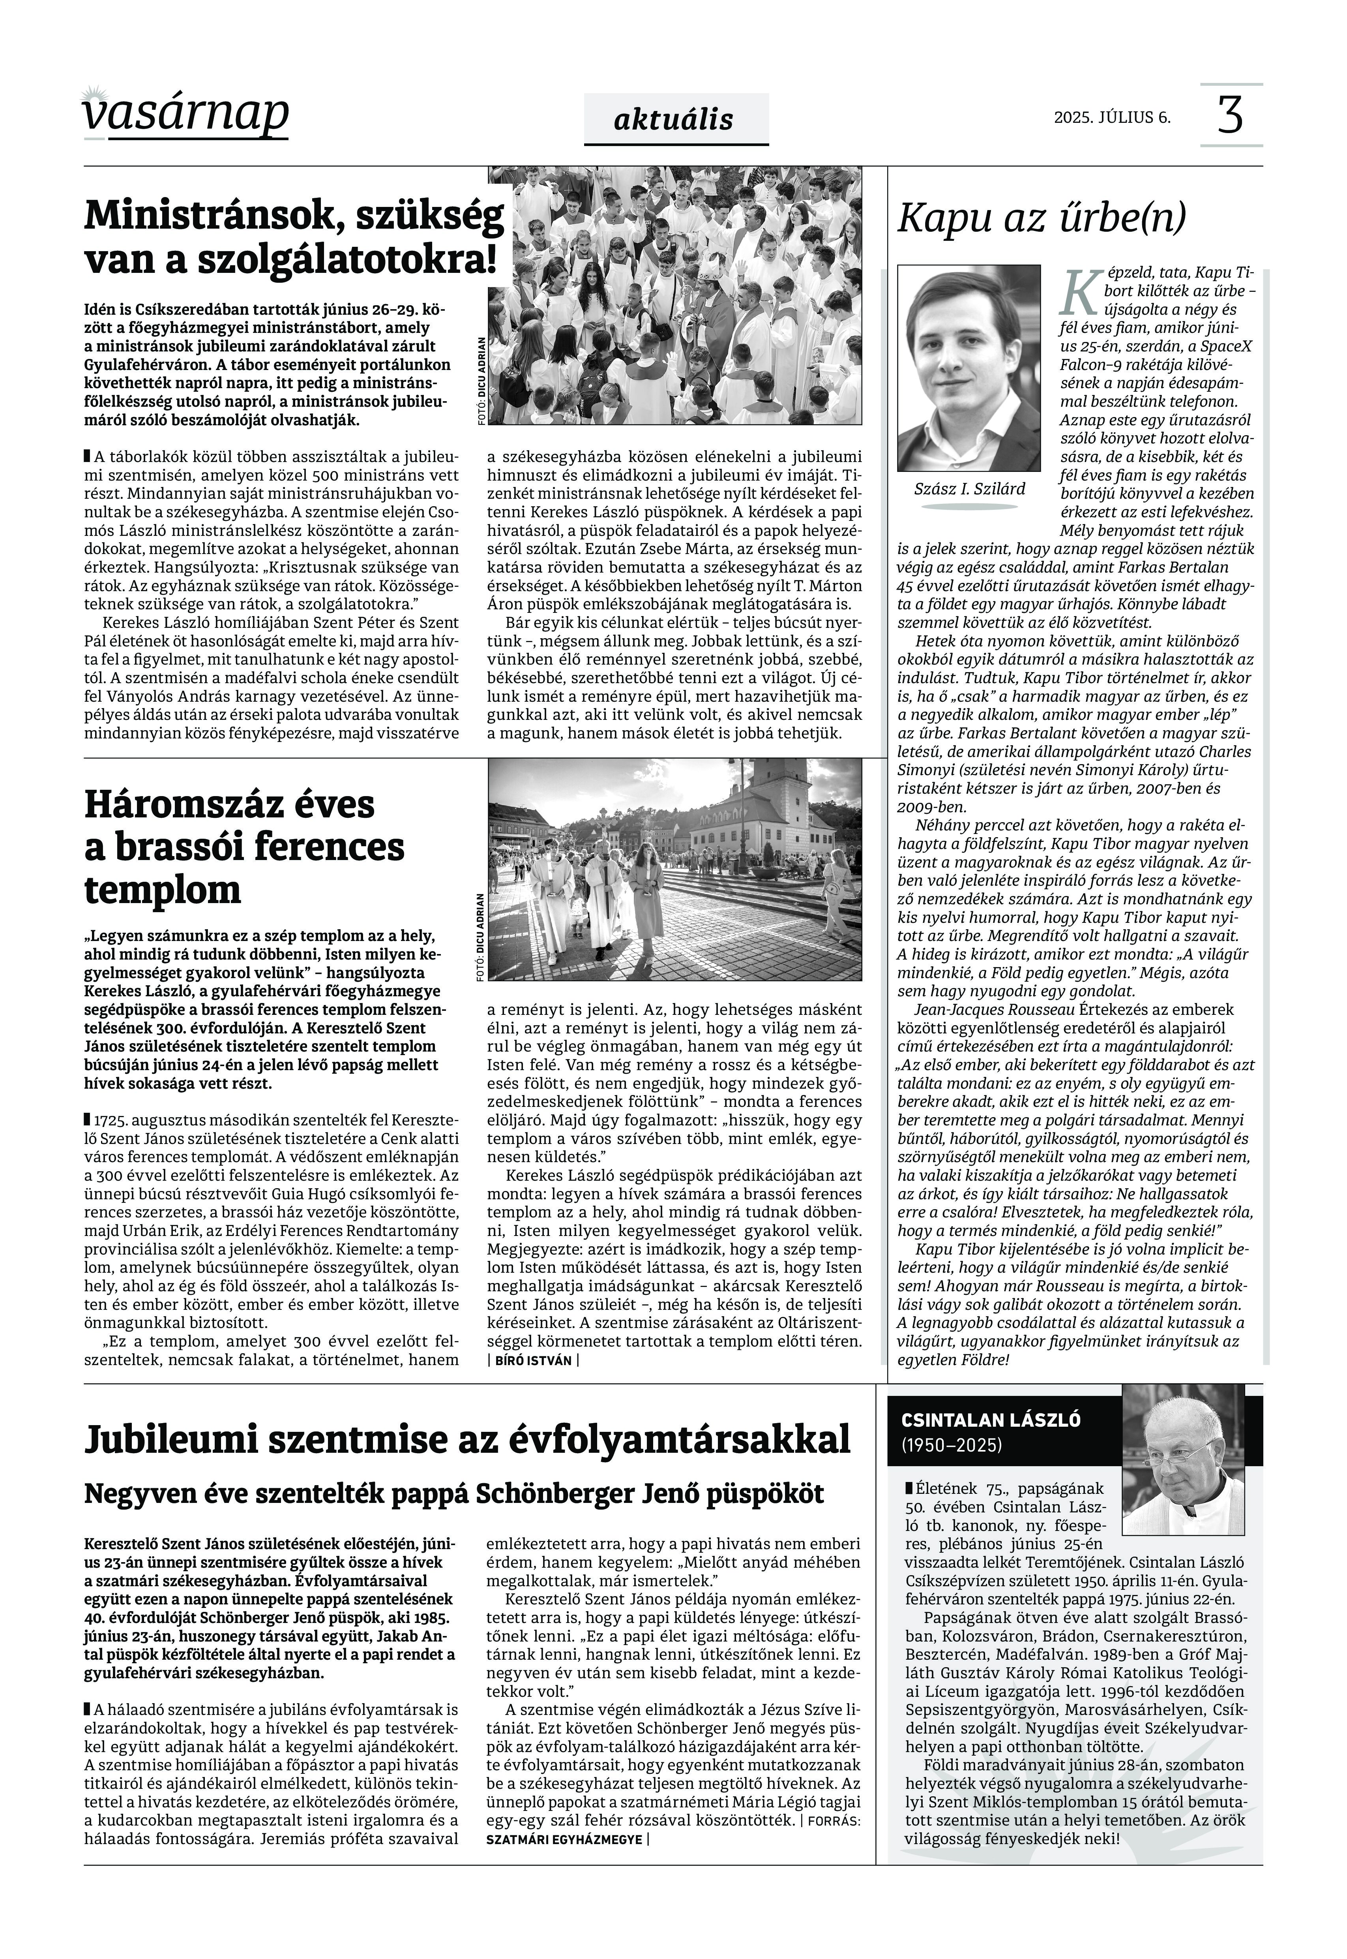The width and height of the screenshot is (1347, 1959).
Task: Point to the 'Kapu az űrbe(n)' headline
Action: click(x=1041, y=218)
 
